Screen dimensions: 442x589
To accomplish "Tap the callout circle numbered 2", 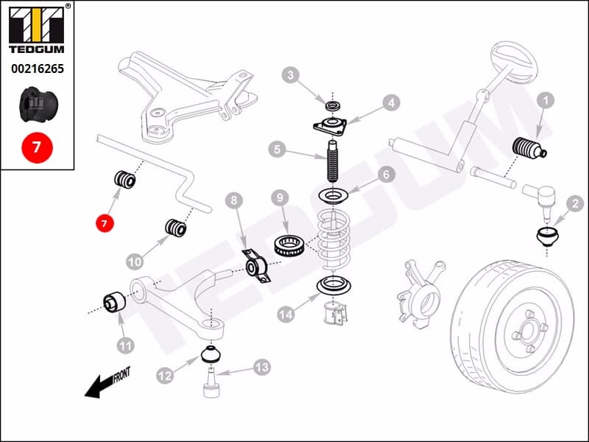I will (x=573, y=203).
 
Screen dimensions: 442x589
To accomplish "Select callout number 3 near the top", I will (x=292, y=75).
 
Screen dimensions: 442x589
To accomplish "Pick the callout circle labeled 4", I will (x=390, y=103).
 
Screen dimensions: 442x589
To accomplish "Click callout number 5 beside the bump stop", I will (x=277, y=150).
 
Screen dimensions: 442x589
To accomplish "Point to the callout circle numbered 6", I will (x=387, y=175).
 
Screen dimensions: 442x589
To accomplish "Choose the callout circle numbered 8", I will (x=233, y=200).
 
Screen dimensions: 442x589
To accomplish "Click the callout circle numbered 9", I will (x=279, y=198).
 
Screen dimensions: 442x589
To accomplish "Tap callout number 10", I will (x=134, y=261).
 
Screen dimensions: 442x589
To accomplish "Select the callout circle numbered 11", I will (x=125, y=344).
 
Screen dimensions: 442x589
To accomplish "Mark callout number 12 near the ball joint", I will (x=164, y=376).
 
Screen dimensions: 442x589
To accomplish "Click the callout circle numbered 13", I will (x=262, y=366).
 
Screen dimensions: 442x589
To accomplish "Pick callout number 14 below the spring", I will (x=286, y=314).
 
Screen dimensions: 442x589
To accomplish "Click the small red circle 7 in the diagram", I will (x=105, y=222).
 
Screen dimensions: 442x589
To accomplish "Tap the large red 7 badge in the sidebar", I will (x=37, y=147).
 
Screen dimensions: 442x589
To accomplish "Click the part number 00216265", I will (x=37, y=69).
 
